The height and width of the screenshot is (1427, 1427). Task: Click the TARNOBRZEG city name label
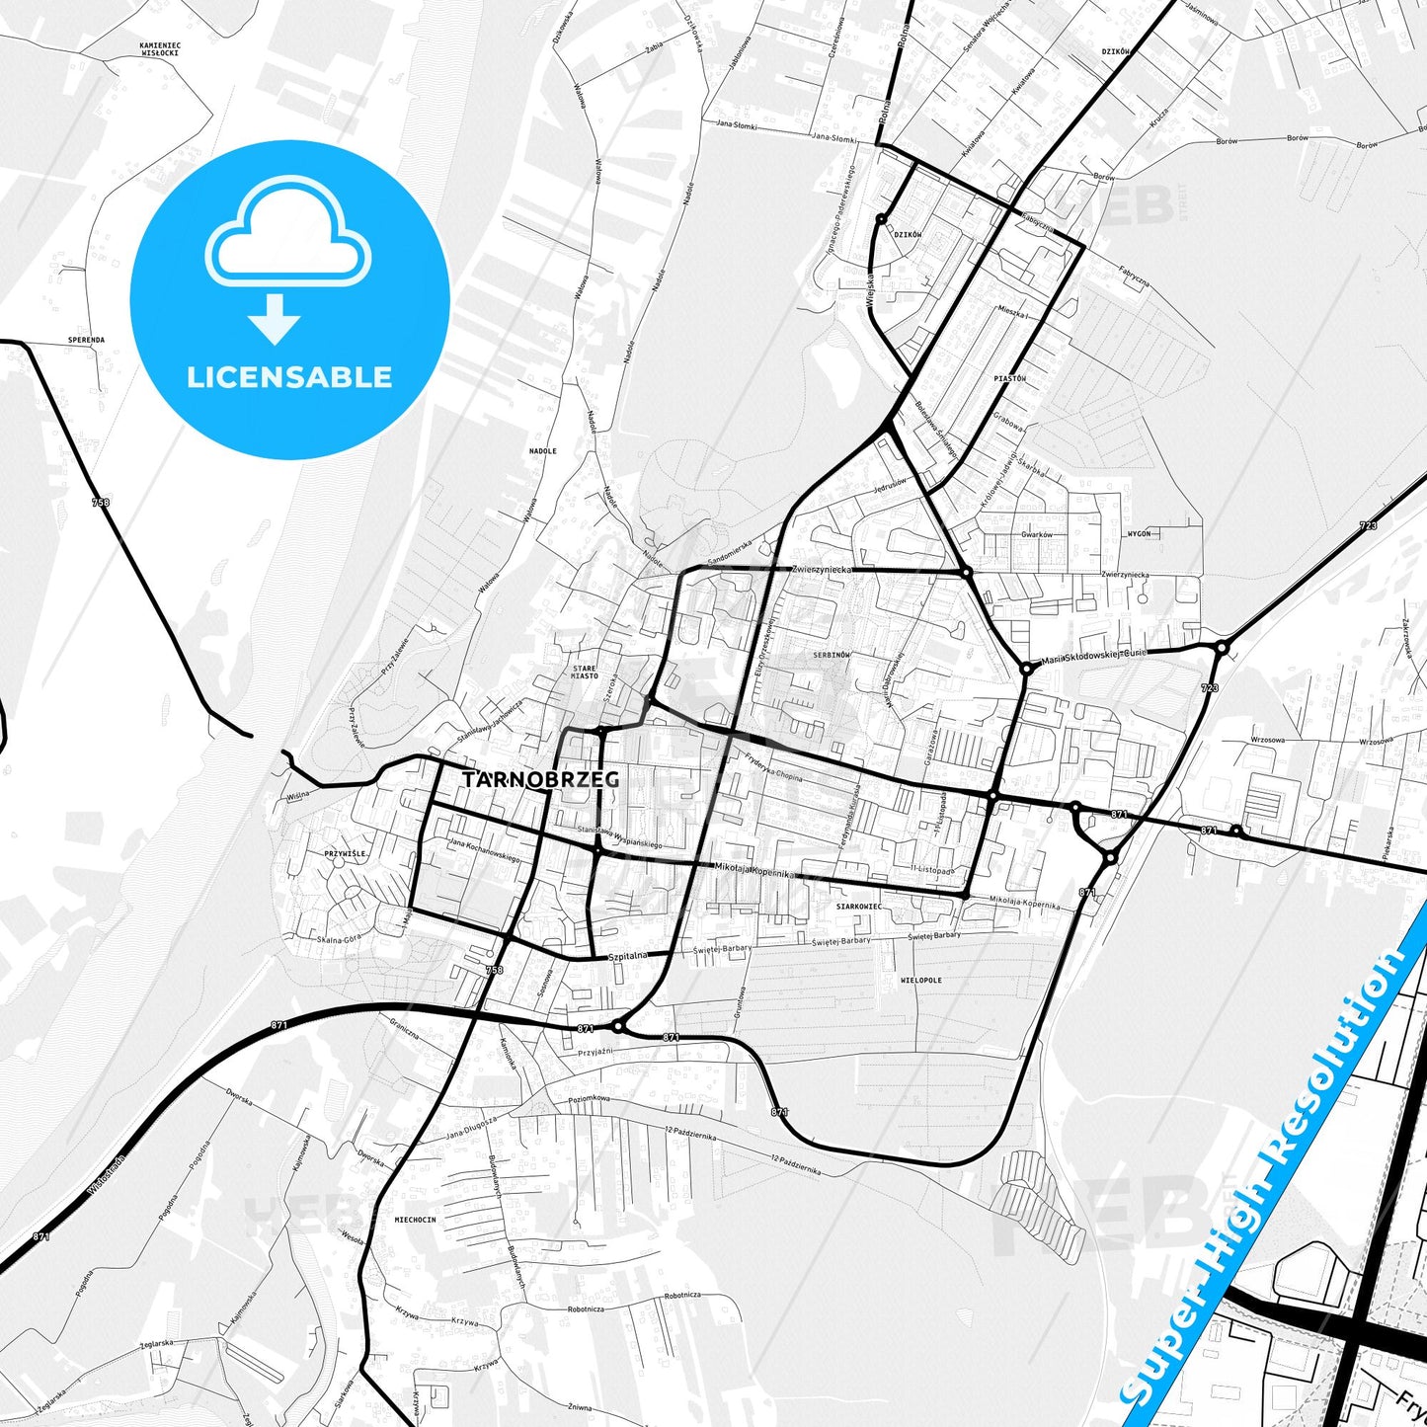click(x=541, y=779)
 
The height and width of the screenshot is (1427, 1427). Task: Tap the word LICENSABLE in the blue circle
click(x=289, y=377)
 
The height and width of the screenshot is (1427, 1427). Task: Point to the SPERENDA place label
click(x=86, y=340)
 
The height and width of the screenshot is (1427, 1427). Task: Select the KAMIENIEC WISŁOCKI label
click(x=159, y=48)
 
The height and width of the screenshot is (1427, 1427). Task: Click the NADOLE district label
click(x=543, y=451)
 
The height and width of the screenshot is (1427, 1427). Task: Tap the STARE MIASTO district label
click(x=585, y=673)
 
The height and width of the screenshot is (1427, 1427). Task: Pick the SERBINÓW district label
click(x=832, y=655)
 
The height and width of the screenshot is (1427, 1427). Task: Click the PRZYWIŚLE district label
click(x=345, y=853)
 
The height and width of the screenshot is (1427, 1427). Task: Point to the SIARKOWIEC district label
click(x=859, y=906)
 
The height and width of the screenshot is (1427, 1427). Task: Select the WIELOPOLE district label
click(x=921, y=981)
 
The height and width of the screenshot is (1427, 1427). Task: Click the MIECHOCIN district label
click(x=415, y=1220)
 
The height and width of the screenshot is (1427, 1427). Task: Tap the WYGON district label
click(x=1139, y=533)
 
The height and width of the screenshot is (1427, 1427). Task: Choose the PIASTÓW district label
click(x=1010, y=378)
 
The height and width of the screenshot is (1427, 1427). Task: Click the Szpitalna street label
click(x=628, y=956)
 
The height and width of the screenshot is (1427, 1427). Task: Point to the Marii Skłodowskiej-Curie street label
click(x=1093, y=657)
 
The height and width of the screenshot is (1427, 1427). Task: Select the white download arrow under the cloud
click(x=275, y=318)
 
